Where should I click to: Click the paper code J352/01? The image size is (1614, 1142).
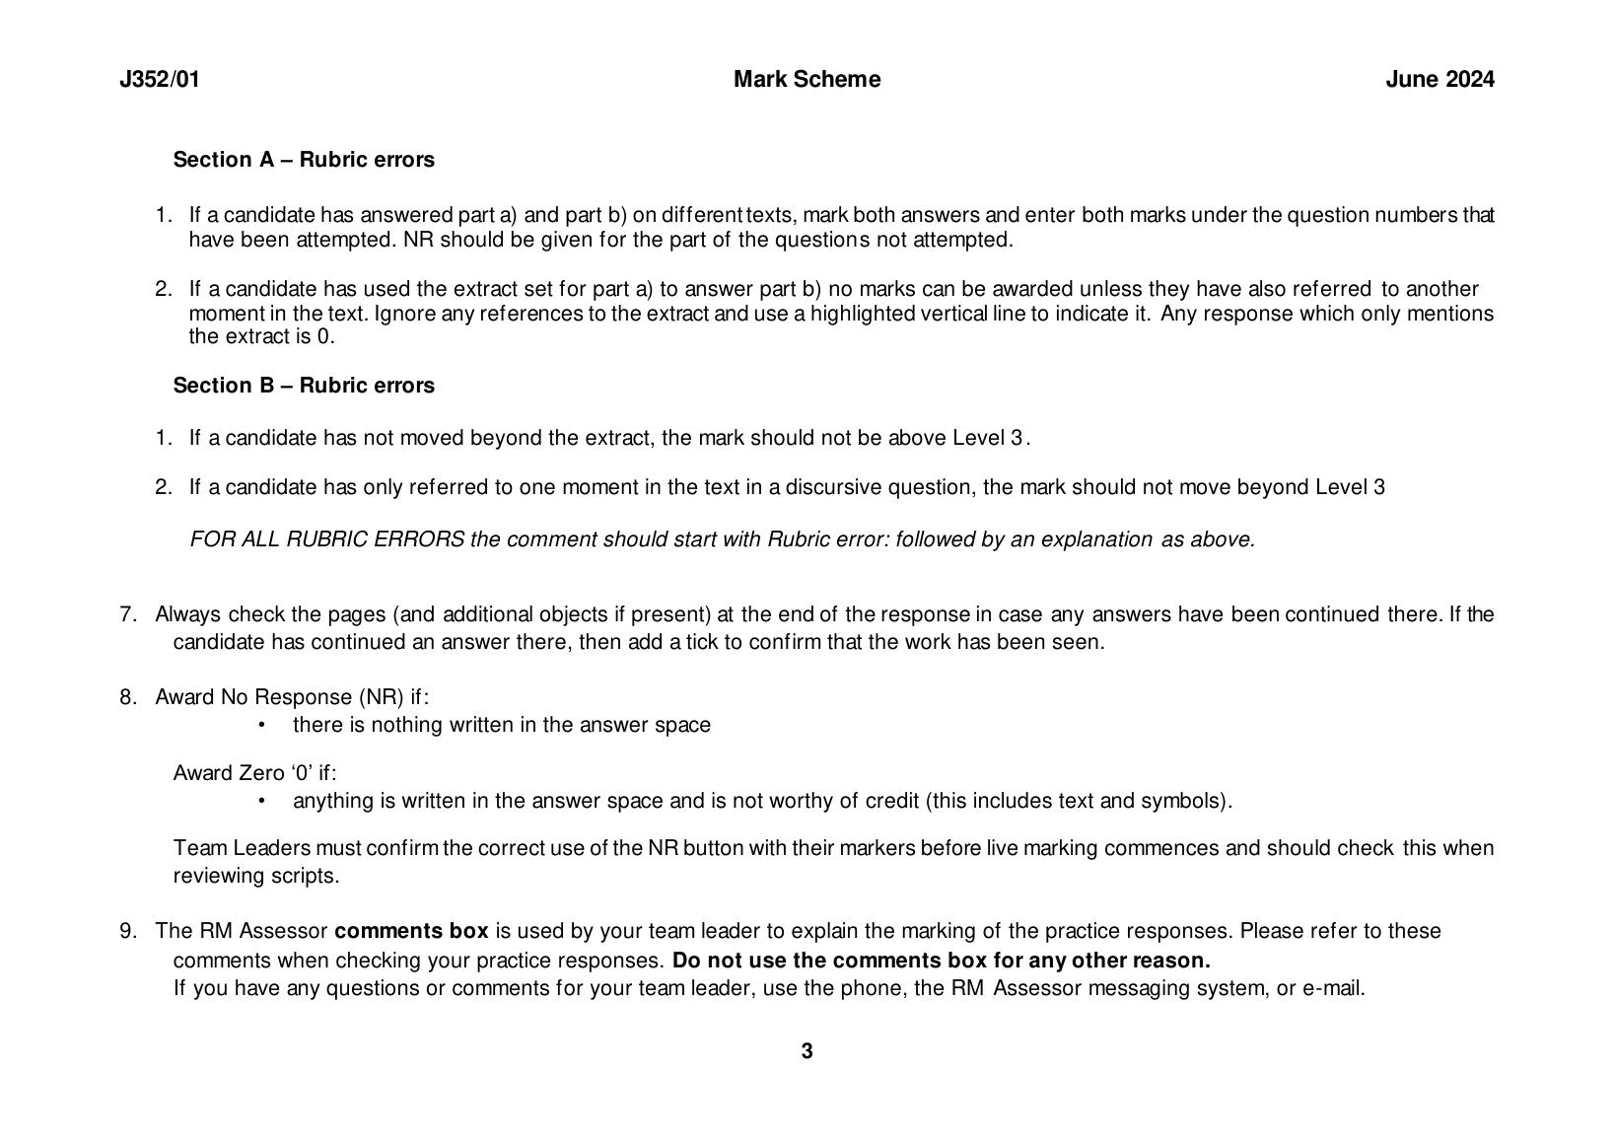159,80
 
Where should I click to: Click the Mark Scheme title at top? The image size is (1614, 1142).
807,80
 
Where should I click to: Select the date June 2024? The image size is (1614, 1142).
1439,80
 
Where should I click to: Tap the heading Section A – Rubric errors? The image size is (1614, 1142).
304,160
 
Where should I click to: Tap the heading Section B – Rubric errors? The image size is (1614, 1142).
304,386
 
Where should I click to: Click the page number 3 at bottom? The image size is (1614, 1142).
807,1051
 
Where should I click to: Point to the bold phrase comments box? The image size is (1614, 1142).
411,932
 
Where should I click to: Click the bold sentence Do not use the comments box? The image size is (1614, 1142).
941,961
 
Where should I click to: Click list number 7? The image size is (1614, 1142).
127,615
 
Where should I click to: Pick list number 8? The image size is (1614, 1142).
127,698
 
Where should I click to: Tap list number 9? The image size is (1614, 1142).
127,932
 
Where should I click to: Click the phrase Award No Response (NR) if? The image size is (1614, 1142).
292,698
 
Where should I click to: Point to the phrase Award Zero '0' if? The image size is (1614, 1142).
254,773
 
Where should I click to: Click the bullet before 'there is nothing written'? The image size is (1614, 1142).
261,726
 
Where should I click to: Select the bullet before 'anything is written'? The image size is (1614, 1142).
261,801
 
